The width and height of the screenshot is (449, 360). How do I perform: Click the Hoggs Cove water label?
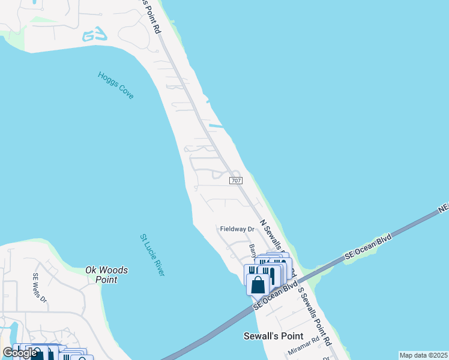pos(116,85)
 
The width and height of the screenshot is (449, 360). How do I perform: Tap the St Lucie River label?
pos(152,255)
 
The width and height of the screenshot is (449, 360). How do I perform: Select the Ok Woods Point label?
pos(106,275)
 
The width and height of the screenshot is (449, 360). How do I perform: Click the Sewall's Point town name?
pos(273,335)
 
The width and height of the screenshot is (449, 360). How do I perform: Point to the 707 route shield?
pos(236,180)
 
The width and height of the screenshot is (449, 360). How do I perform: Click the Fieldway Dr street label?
pos(237,229)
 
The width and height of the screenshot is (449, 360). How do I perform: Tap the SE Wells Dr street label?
pos(39,288)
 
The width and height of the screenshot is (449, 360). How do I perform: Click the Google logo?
pos(20,353)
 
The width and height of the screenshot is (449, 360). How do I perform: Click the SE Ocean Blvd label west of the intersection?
pos(276,296)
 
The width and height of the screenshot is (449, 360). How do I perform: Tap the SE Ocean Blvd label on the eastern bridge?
pos(368,248)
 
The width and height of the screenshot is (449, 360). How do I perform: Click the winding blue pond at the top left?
pos(95,35)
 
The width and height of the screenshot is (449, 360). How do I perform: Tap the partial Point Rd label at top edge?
pos(152,16)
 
